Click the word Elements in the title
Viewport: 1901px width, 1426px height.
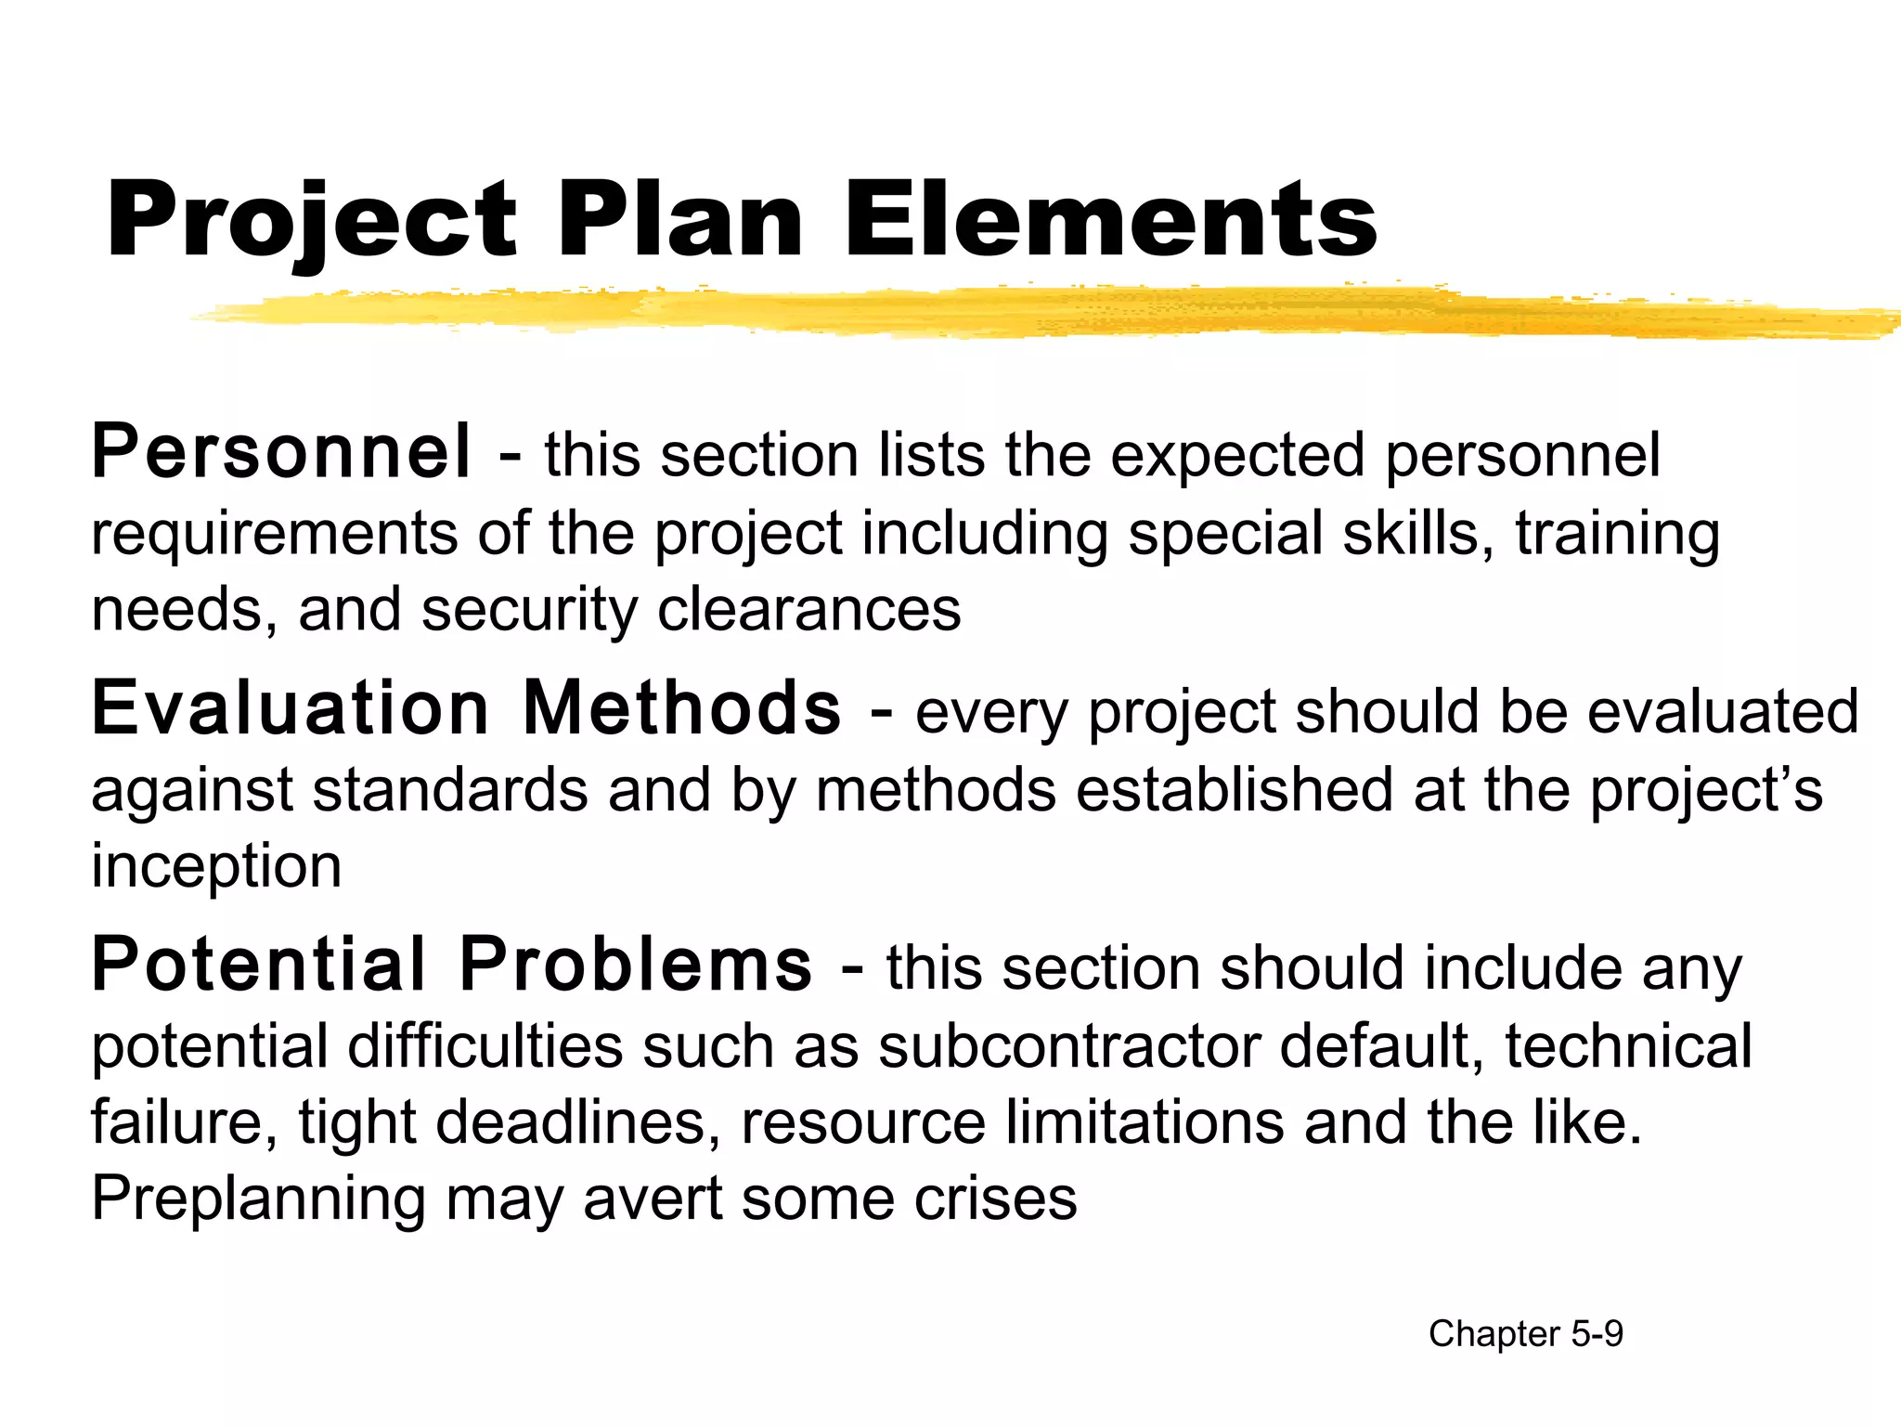(x=1111, y=221)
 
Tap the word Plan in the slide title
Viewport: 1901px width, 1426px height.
(x=680, y=221)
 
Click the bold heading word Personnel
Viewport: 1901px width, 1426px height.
(x=281, y=452)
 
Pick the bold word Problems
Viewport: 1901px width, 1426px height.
(x=636, y=966)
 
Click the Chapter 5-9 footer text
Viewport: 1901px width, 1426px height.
(x=1525, y=1334)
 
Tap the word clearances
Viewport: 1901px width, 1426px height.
(x=808, y=610)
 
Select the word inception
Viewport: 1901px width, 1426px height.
(x=216, y=866)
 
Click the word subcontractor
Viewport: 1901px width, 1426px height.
(x=1068, y=1046)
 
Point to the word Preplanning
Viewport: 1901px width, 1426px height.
(x=259, y=1199)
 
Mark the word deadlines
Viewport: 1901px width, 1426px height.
(x=576, y=1122)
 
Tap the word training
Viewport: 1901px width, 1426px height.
(x=1617, y=536)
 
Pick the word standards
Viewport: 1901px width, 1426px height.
(x=450, y=790)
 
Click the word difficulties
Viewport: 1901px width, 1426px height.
(x=485, y=1046)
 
